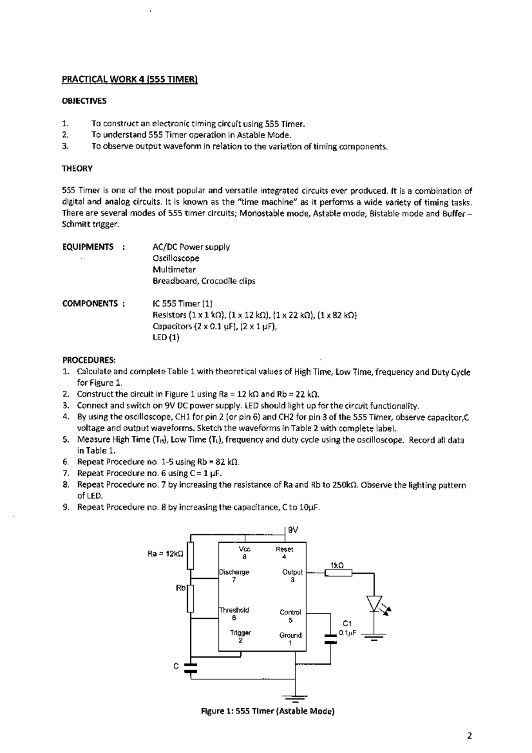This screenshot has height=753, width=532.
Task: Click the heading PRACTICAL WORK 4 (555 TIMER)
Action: [129, 80]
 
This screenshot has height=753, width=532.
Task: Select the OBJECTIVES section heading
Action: [84, 101]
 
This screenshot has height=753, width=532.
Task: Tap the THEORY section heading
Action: [77, 169]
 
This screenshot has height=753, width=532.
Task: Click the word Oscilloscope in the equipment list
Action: [176, 258]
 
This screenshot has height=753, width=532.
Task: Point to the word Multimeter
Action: [174, 270]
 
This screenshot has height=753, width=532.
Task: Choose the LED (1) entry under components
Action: [166, 337]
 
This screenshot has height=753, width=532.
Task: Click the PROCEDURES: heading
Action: [89, 360]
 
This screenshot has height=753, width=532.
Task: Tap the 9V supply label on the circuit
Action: [293, 530]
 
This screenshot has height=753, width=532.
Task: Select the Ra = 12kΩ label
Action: [165, 554]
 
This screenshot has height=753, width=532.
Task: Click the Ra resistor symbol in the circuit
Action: [191, 555]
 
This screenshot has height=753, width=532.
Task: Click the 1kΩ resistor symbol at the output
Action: [338, 573]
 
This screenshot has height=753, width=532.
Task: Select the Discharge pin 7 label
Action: [234, 576]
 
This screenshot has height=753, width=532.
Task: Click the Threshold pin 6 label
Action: [234, 614]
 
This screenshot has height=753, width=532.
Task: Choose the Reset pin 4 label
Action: [284, 553]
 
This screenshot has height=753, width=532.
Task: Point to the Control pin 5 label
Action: [290, 616]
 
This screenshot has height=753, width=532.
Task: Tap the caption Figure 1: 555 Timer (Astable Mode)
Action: [268, 712]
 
